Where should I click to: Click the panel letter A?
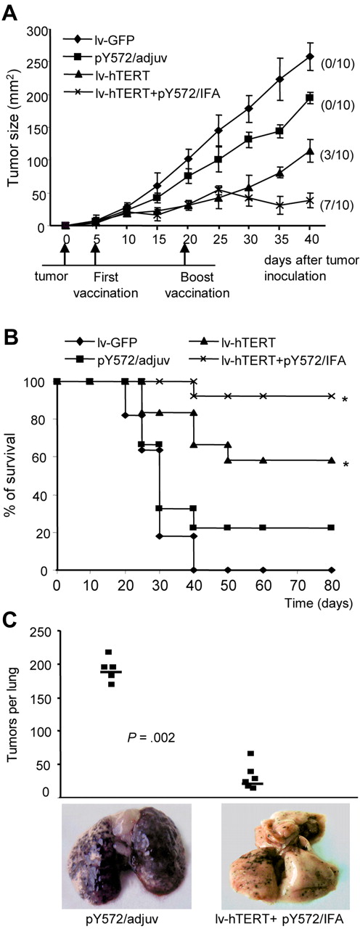click(x=9, y=9)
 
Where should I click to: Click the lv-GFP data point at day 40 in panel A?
click(x=310, y=57)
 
